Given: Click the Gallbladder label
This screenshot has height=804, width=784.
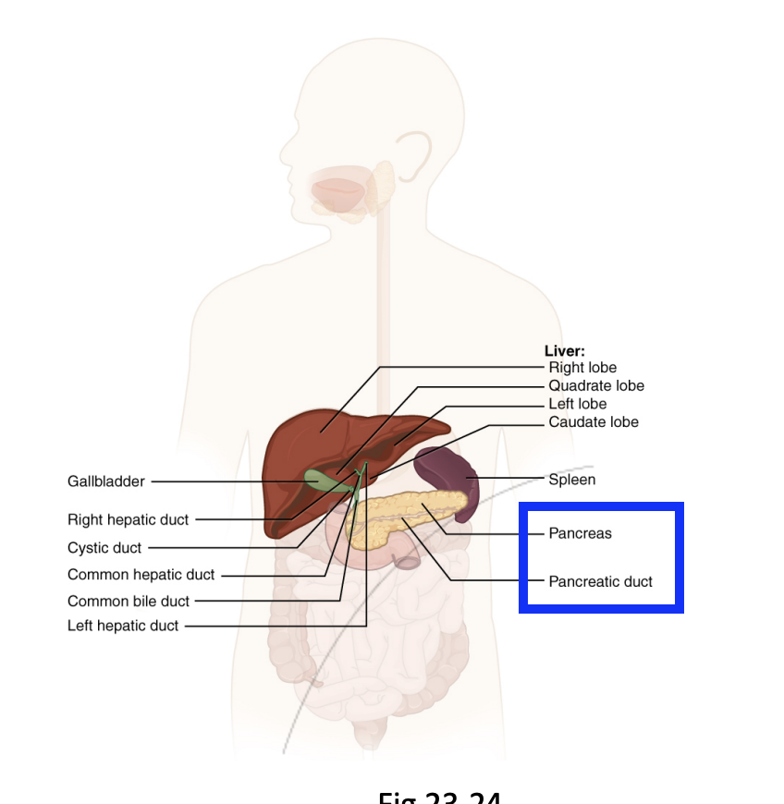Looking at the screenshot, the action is tap(105, 481).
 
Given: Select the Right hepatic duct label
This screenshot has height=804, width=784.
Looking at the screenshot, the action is tap(128, 519).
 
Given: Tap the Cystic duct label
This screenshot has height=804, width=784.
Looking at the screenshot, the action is tap(104, 548).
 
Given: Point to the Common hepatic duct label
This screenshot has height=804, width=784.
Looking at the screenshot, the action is tap(141, 575).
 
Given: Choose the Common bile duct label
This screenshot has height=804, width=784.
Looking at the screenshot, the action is tap(128, 602).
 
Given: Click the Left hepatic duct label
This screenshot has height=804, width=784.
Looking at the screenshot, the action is tap(123, 626).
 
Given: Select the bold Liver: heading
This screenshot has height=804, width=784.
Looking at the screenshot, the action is tap(564, 351).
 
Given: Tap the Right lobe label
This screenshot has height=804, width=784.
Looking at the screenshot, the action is tap(582, 368).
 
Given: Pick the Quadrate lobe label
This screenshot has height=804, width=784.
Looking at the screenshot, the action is tap(596, 385).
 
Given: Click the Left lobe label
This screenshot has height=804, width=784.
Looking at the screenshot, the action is tap(578, 404).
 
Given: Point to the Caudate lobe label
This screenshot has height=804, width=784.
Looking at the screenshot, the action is tap(594, 422).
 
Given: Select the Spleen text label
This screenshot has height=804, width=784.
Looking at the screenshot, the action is tap(572, 480).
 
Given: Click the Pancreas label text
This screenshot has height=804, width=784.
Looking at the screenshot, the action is tap(580, 533).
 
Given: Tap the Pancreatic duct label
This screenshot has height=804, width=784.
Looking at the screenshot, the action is tap(600, 581).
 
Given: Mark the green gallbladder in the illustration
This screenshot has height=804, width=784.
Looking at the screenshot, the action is tap(319, 479).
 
